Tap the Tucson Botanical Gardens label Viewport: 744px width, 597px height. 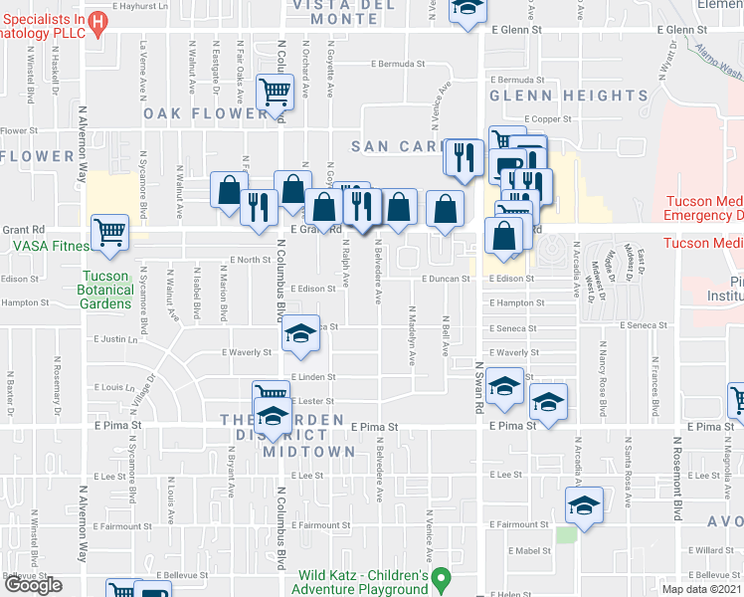tap(106, 290)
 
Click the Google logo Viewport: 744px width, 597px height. tap(34, 586)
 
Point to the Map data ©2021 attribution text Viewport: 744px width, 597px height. tap(702, 589)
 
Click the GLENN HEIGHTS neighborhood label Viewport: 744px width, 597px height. tap(568, 96)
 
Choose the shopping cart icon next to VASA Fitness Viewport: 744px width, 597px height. tap(109, 233)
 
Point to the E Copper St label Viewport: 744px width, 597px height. tap(546, 118)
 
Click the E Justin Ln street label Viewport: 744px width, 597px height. tap(114, 338)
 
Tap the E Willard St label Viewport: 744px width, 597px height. tap(714, 550)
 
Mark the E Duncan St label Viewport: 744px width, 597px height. tap(445, 280)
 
